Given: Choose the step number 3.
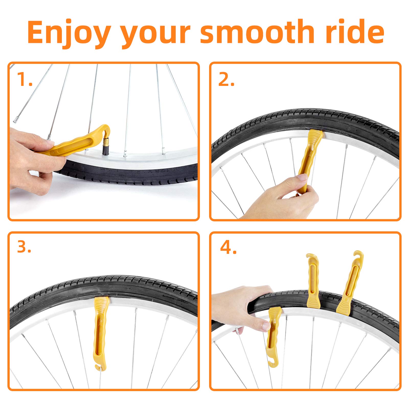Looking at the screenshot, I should (24, 247).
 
